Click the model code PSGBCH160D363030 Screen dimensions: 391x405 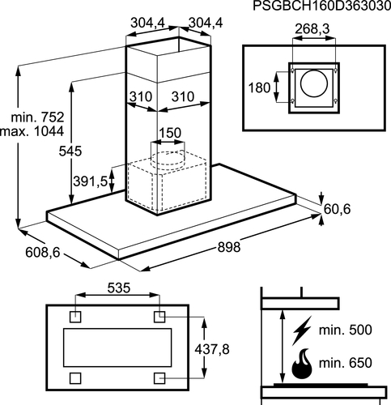322,6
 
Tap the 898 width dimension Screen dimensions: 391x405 229,247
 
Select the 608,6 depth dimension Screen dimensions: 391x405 42,253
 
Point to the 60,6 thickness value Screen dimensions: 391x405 337,209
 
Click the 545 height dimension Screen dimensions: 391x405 70,151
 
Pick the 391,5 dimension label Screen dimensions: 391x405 90,181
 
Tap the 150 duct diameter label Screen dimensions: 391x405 170,133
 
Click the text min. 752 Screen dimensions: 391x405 37,117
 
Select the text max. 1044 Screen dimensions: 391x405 32,131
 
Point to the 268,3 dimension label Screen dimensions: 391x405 312,29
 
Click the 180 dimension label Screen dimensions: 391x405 259,88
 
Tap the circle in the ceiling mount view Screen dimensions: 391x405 314,83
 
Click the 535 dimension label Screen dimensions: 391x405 119,288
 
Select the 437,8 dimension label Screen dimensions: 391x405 212,350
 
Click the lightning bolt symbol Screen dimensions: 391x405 302,330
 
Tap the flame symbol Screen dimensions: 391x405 302,364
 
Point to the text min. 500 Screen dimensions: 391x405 346,330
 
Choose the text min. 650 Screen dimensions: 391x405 346,363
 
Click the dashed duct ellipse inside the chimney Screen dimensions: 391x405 168,152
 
